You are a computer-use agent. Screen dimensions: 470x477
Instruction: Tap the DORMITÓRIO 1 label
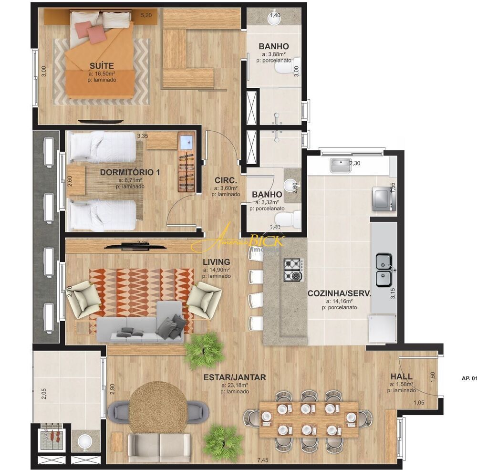click(x=130, y=172)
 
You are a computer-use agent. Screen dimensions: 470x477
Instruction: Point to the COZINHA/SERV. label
click(x=339, y=294)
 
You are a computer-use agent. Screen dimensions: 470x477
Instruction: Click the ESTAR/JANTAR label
click(x=235, y=377)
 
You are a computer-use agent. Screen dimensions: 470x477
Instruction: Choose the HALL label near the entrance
click(x=401, y=376)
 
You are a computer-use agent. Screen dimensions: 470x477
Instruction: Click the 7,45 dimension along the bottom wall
click(x=263, y=460)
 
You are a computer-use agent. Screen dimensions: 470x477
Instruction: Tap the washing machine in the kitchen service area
click(x=383, y=198)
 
